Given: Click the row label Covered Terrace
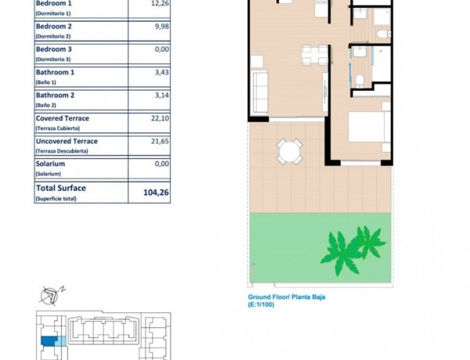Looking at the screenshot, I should pos(63,118).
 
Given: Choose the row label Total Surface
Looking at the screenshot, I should pos(61,188).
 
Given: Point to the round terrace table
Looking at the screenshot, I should pos(290,151).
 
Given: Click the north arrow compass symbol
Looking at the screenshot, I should pos(50,294).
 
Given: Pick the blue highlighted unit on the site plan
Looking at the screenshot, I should pos(49,341).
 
